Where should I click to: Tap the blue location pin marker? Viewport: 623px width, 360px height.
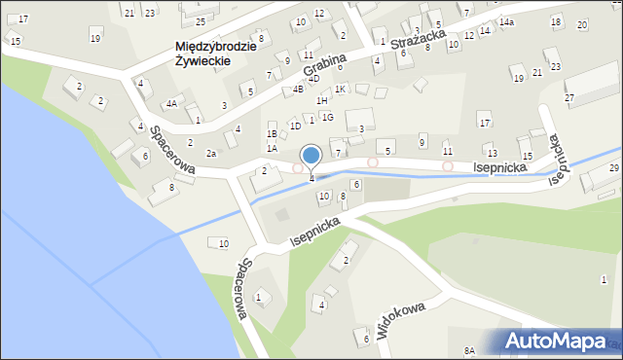click(311, 156)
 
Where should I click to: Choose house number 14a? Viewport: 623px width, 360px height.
click(506, 21)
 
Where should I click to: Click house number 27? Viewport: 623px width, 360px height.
click(569, 98)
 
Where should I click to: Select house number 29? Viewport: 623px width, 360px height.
click(613, 168)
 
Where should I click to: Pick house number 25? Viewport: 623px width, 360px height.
click(200, 21)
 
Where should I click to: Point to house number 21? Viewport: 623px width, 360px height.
click(128, 12)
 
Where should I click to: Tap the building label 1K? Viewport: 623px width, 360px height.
click(340, 89)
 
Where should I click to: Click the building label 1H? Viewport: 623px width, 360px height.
click(321, 100)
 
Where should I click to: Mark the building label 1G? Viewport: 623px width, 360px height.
click(328, 117)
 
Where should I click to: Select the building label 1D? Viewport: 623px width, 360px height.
click(295, 126)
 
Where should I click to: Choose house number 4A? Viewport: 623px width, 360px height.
click(171, 103)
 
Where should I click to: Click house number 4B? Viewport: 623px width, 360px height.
click(298, 90)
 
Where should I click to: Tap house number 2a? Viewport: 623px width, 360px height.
click(210, 153)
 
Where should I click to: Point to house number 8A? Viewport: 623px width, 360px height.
click(469, 350)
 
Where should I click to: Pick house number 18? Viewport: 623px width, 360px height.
click(555, 21)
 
